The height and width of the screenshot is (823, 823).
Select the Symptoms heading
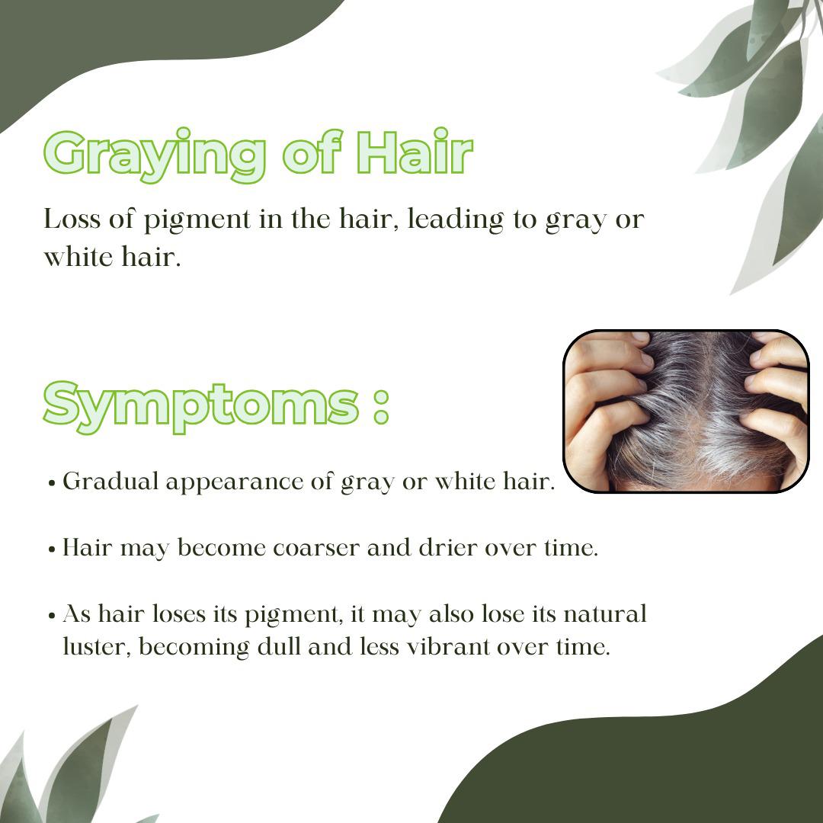coord(201,407)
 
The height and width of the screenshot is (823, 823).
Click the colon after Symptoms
coord(382,407)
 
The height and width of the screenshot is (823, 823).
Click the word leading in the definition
coord(456,220)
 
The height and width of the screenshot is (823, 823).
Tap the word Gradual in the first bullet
coord(110,482)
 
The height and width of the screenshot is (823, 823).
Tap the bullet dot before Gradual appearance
coord(52,483)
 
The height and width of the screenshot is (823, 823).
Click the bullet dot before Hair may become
coord(52,549)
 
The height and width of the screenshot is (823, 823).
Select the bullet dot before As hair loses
coord(52,616)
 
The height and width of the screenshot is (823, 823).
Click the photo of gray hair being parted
coord(686,411)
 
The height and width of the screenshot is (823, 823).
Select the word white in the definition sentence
coord(78,258)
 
